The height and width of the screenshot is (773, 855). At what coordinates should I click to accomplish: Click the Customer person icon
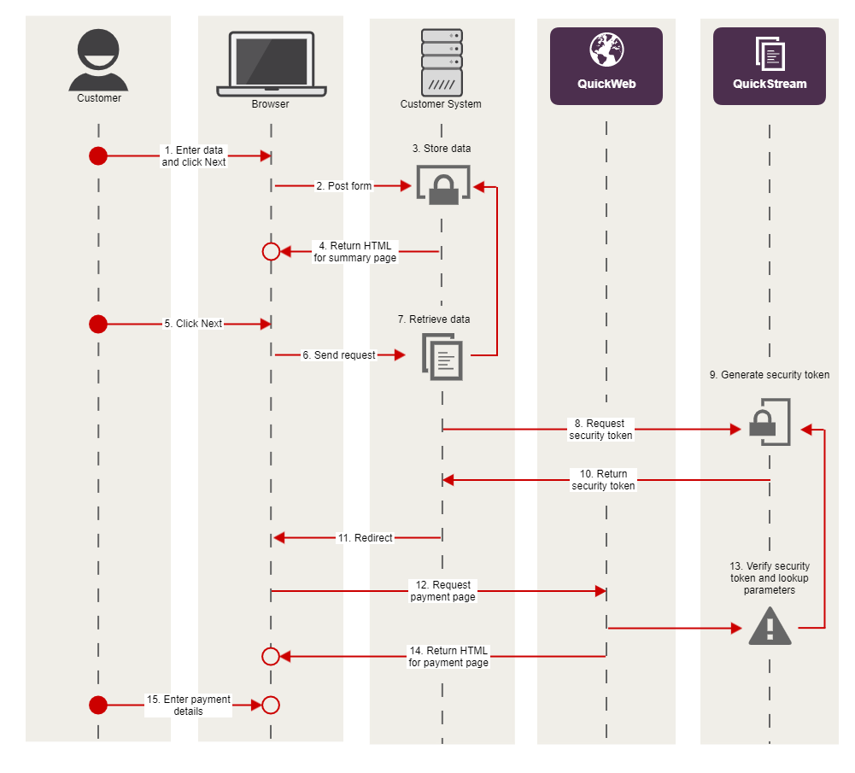[98, 60]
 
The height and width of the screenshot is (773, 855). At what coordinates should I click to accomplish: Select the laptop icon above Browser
[271, 64]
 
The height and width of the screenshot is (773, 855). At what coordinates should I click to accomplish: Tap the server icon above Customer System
[442, 61]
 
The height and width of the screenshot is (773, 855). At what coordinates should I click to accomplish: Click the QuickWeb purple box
[606, 66]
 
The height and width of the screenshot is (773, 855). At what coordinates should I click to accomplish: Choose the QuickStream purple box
[770, 66]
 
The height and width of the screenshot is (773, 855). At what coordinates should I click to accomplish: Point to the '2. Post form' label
[343, 186]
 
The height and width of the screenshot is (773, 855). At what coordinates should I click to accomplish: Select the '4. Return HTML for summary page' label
[354, 252]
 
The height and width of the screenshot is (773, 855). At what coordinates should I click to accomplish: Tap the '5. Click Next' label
[193, 324]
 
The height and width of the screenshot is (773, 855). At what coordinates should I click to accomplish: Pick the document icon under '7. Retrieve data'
[442, 355]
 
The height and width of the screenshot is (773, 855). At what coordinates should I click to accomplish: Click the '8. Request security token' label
[600, 430]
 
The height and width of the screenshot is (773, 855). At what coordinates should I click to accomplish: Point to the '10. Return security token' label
[603, 480]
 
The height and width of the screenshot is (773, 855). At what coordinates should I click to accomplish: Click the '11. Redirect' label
[365, 538]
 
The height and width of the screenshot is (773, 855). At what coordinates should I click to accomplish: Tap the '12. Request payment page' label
[442, 591]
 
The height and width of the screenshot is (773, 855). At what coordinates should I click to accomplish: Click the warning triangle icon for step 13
[770, 626]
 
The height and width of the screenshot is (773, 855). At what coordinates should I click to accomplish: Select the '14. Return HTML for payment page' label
[448, 657]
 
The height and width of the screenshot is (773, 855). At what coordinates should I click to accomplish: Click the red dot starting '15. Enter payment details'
[98, 705]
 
